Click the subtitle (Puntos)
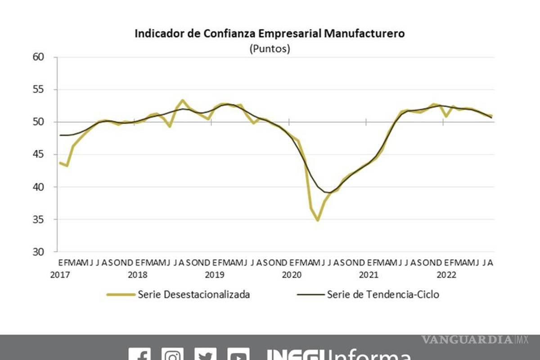[x=270, y=49]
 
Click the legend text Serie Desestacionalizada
[x=194, y=295]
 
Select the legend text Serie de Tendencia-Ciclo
[x=383, y=295]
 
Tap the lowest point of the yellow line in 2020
[x=318, y=220]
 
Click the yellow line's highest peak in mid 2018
[x=182, y=100]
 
